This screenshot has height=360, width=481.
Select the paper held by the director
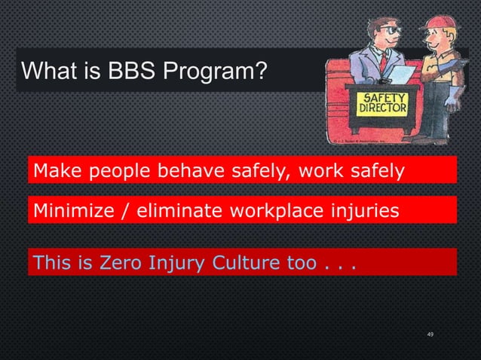click(x=402, y=74)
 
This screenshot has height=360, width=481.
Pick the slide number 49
click(x=430, y=334)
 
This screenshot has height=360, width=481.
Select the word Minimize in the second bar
click(x=71, y=212)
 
